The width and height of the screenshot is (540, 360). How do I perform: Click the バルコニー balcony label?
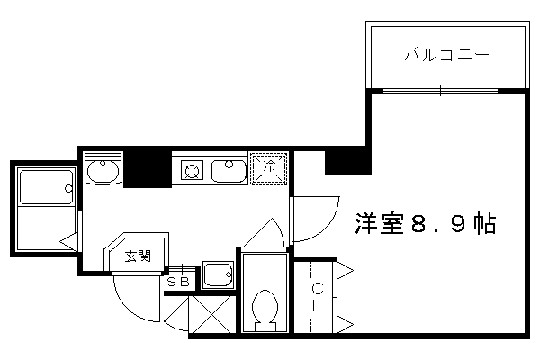446,55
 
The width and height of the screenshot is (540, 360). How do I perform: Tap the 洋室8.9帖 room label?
426,223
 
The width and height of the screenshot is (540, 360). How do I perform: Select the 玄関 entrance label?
138,256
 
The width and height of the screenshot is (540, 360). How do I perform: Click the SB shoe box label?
178,282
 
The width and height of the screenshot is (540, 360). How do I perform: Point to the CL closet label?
317,297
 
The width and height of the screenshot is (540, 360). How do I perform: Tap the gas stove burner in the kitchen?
192,170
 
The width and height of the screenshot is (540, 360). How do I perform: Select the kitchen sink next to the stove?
229,170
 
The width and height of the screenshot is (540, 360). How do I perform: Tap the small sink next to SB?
218,274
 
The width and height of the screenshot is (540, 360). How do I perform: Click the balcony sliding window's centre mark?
440,91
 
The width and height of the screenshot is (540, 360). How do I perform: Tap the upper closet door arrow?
345,270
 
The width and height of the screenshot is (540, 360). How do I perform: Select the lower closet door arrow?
345,324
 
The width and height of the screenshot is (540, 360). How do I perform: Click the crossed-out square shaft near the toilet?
212,314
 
